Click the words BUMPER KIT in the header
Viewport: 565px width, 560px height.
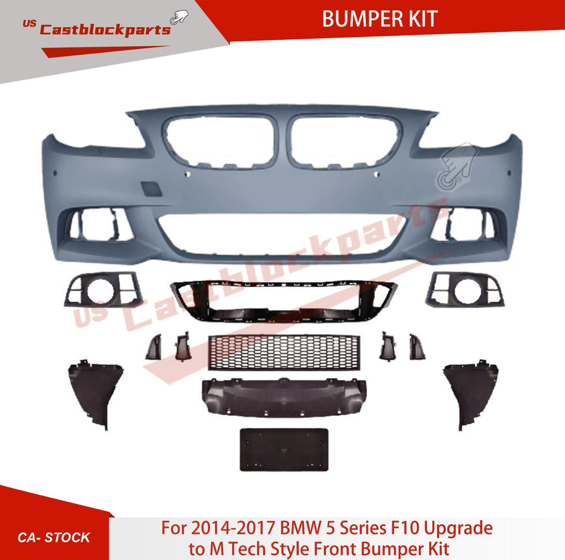(379, 19)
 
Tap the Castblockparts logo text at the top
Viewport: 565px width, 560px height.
(105, 30)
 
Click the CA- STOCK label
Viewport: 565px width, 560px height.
(54, 537)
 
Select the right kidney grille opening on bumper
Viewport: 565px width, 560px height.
(345, 141)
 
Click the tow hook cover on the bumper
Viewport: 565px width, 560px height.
(153, 188)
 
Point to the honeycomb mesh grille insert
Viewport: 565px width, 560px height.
(284, 352)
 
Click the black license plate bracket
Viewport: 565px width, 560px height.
(284, 449)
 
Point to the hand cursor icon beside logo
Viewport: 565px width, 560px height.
(179, 18)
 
